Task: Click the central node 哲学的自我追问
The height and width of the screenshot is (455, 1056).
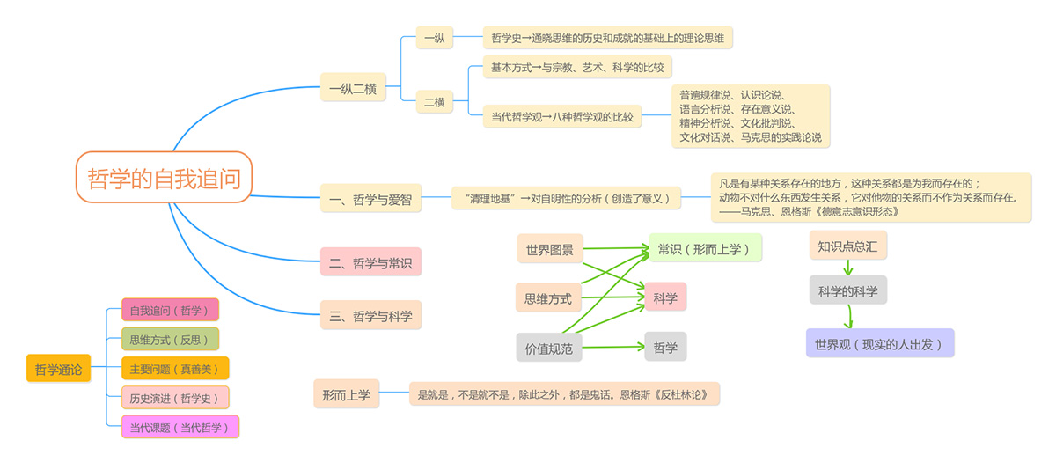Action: click(164, 177)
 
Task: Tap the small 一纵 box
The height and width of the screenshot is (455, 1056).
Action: click(434, 38)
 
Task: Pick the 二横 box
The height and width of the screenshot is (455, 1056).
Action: click(434, 102)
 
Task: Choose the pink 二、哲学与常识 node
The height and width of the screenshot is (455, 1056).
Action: click(370, 262)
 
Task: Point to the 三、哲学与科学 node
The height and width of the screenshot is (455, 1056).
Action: click(370, 315)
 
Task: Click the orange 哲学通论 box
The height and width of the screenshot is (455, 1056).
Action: click(58, 370)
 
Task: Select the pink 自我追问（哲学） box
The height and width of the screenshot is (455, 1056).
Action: click(170, 310)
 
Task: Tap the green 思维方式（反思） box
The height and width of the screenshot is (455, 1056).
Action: click(170, 339)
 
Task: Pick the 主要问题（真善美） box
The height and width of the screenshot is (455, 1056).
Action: click(174, 369)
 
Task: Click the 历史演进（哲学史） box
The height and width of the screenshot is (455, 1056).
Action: click(174, 398)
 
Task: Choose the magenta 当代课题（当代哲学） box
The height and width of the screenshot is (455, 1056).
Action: click(180, 428)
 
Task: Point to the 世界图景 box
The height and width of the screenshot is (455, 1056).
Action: click(549, 250)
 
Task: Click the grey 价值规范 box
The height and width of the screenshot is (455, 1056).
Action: click(548, 349)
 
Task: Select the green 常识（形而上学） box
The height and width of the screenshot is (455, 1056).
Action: click(705, 248)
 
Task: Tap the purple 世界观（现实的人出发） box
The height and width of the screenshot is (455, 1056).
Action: click(879, 343)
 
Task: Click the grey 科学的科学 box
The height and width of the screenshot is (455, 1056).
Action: click(847, 290)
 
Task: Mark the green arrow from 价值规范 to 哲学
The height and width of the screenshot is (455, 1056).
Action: click(612, 347)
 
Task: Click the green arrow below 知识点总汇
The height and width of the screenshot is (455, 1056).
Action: click(847, 267)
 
